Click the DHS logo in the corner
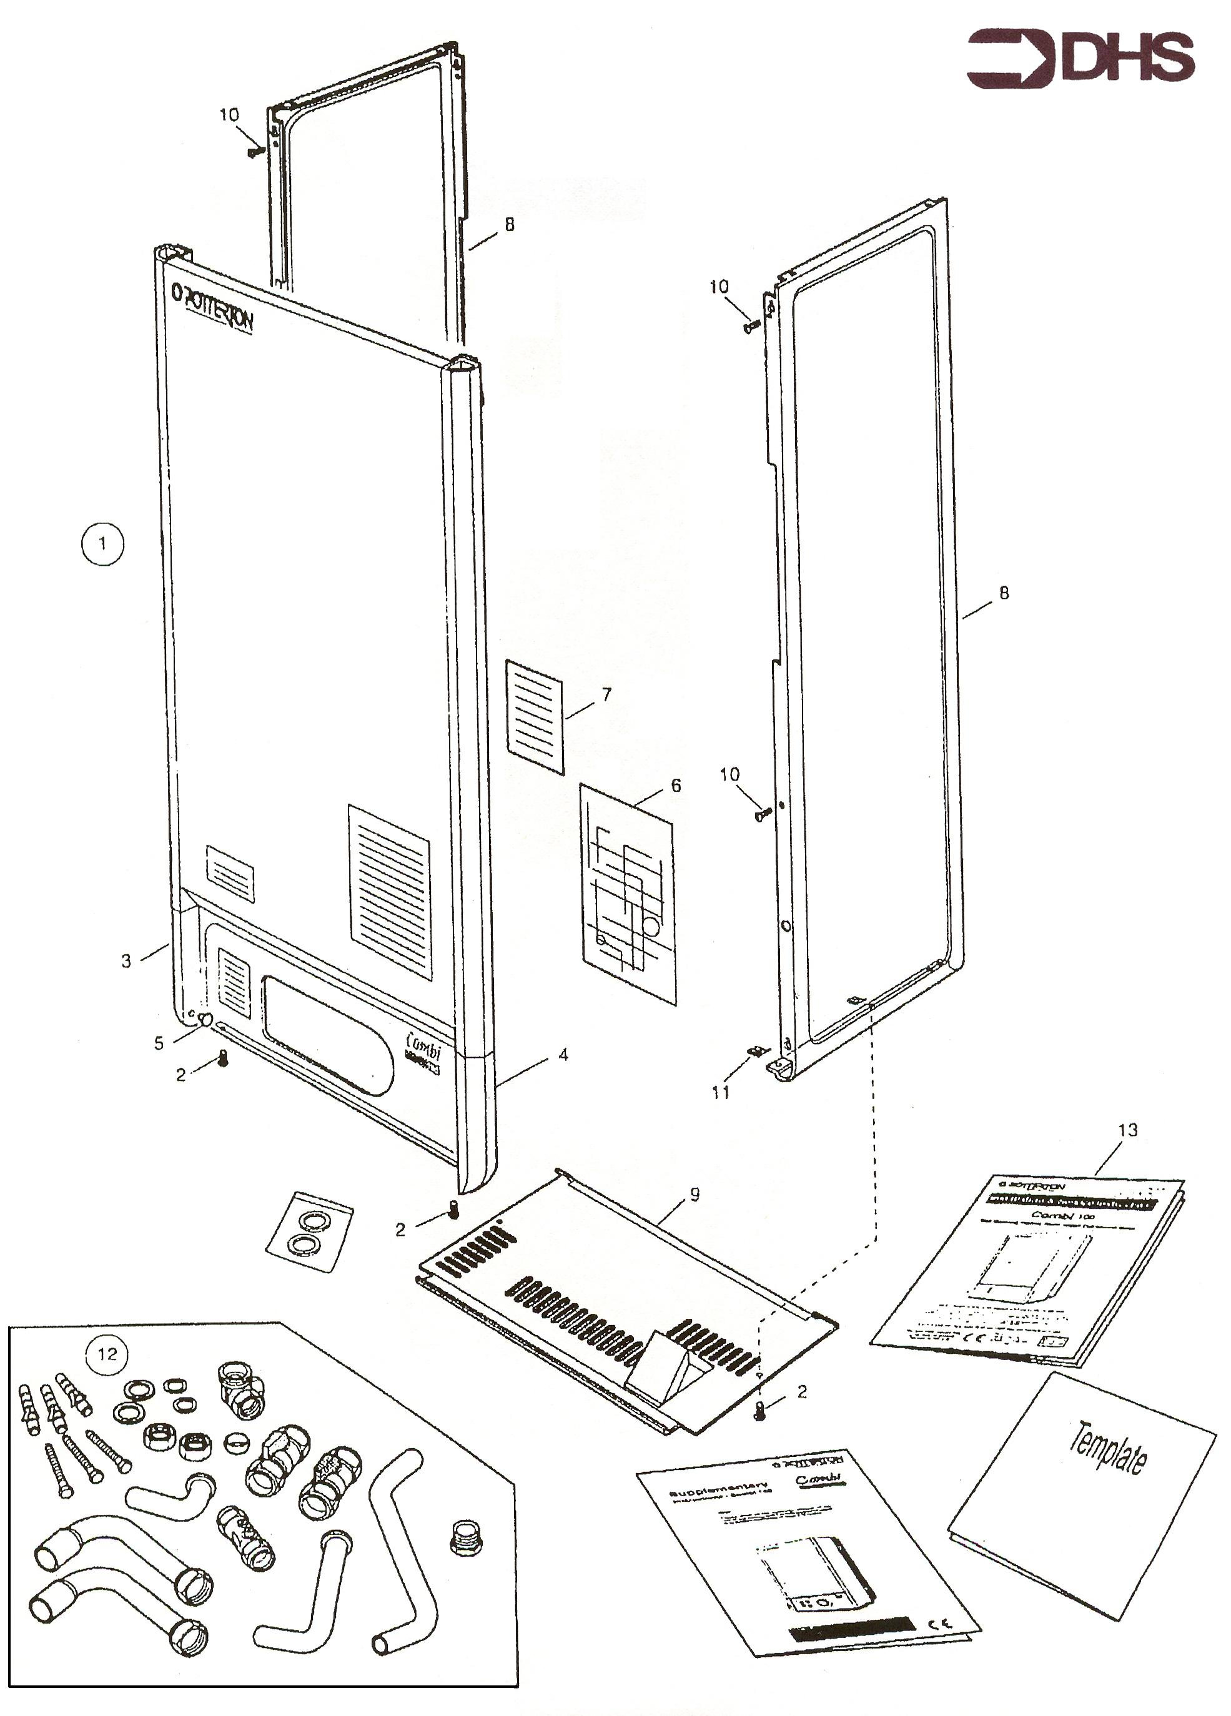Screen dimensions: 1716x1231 (x=1080, y=57)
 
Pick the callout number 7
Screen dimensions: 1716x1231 (x=607, y=694)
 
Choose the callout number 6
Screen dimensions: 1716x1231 (x=676, y=786)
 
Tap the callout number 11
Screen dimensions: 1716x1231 (x=719, y=1092)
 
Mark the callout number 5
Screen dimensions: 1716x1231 (x=159, y=1043)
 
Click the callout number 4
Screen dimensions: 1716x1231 (x=563, y=1054)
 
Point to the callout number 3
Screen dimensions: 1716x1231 (x=126, y=961)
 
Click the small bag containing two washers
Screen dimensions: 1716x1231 (x=310, y=1233)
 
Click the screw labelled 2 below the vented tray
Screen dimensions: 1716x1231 (x=762, y=1409)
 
